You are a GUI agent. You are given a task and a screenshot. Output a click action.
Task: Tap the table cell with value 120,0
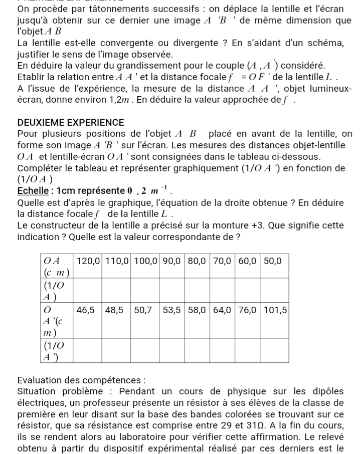(x=88, y=261)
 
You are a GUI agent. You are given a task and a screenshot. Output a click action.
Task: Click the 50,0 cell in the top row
(x=273, y=261)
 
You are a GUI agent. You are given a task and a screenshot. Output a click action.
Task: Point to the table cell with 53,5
(x=173, y=310)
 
